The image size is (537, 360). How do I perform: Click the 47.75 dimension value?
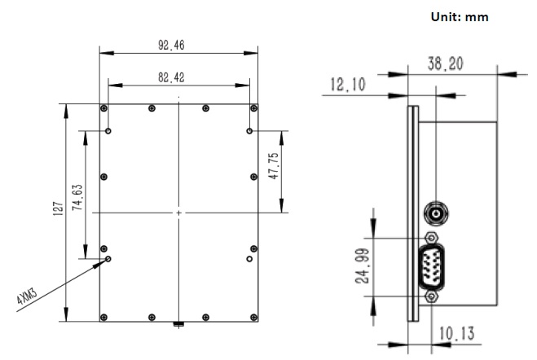(x=275, y=167)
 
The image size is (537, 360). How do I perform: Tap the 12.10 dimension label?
(x=346, y=84)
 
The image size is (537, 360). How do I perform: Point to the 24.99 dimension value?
(x=364, y=266)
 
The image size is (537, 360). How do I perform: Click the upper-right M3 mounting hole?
(x=249, y=130)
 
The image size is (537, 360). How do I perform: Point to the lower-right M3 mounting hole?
(x=249, y=258)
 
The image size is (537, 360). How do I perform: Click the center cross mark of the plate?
(x=179, y=213)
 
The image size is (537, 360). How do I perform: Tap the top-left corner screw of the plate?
(x=103, y=108)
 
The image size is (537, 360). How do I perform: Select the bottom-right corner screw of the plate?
(x=255, y=317)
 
